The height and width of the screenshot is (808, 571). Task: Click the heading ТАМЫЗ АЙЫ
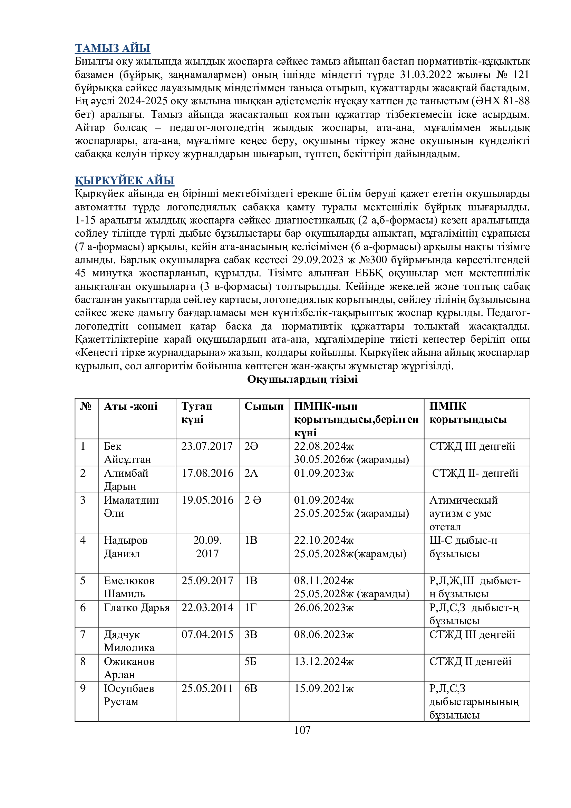[113, 48]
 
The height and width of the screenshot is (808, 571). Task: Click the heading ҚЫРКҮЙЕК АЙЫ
[125, 180]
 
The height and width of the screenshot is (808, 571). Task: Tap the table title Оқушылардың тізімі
[302, 379]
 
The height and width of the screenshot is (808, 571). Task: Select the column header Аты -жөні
[130, 406]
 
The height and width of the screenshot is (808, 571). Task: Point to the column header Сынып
[264, 406]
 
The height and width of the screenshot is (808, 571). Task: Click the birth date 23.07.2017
[207, 446]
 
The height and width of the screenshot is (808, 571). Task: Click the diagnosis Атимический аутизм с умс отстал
[463, 513]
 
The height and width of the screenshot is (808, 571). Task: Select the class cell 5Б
[250, 662]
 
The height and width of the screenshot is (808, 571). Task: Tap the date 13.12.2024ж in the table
[323, 662]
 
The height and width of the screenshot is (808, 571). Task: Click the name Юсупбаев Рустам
[129, 695]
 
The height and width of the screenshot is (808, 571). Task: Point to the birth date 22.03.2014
[207, 607]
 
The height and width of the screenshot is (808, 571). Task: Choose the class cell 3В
[251, 635]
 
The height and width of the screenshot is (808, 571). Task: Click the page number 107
[302, 730]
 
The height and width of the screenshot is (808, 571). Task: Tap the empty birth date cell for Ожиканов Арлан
[207, 668]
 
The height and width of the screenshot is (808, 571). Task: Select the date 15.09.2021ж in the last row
[323, 688]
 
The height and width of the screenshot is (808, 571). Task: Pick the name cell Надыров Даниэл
[126, 546]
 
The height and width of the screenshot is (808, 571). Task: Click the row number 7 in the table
[83, 635]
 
